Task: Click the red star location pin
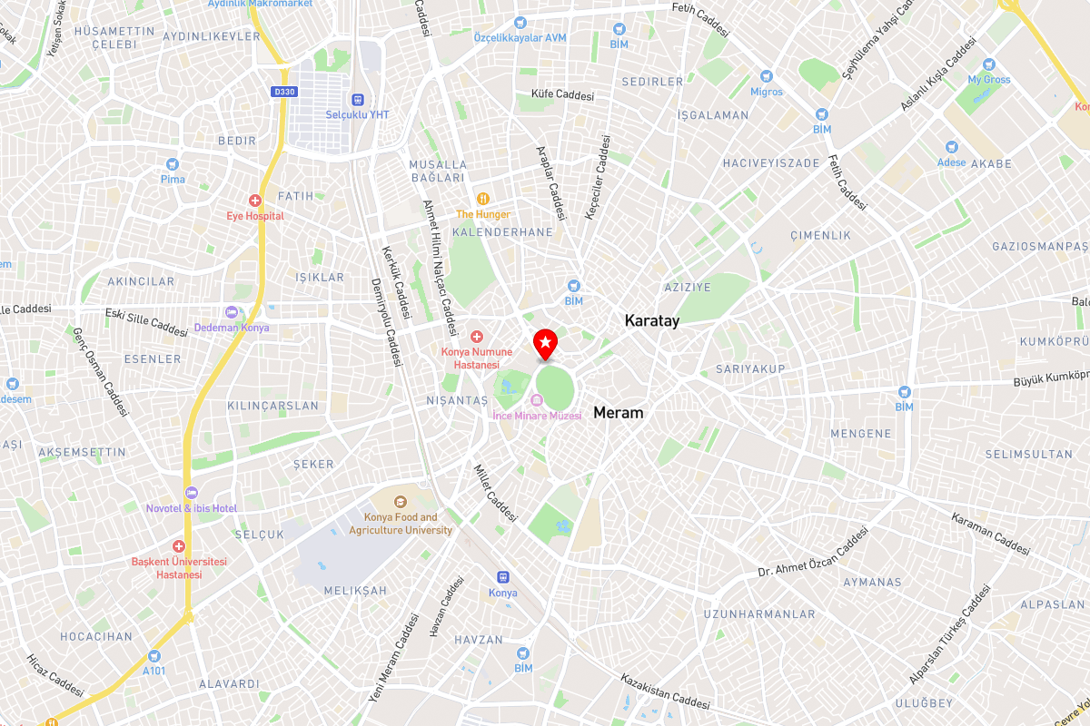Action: coord(544,343)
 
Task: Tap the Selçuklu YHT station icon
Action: coord(358,100)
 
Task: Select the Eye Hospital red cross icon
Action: coord(255,201)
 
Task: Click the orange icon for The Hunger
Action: coord(483,199)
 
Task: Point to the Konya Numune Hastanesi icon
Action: coord(476,337)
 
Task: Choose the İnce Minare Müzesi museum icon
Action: coord(537,400)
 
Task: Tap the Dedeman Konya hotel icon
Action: coord(232,312)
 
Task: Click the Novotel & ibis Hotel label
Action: coord(192,508)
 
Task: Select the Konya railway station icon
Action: coord(502,577)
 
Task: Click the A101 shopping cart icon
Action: coord(154,655)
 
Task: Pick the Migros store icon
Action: coord(766,76)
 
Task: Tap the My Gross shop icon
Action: coord(988,64)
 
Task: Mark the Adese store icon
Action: coord(951,147)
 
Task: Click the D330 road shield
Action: coord(284,92)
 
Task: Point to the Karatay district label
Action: coord(651,321)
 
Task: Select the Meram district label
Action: coord(618,413)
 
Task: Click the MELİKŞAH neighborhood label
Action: coord(355,591)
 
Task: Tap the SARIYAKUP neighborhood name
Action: coord(749,369)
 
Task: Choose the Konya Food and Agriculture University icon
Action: coord(401,501)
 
